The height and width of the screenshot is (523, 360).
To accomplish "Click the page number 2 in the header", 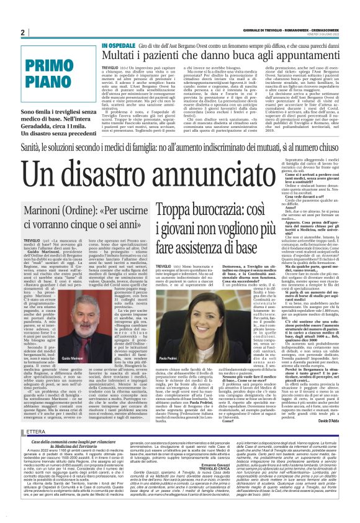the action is coord(22,32).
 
